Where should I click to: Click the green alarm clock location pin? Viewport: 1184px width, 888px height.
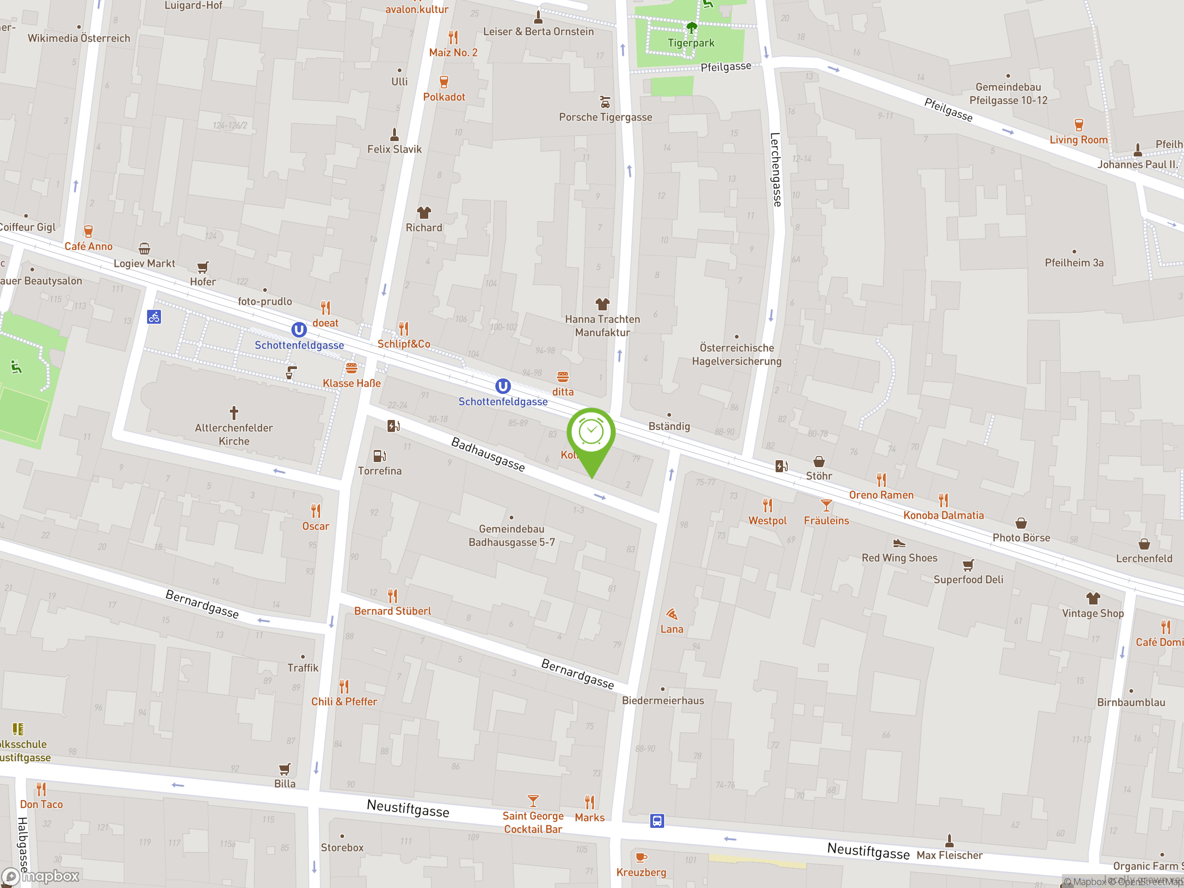(x=591, y=433)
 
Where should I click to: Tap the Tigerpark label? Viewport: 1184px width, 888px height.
(x=691, y=43)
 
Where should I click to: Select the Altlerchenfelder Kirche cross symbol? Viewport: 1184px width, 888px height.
(x=234, y=413)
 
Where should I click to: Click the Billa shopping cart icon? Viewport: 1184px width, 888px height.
(x=285, y=769)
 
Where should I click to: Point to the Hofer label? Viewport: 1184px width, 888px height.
(x=203, y=282)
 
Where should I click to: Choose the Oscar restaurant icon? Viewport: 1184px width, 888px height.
(x=316, y=511)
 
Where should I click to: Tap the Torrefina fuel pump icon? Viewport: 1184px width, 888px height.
(x=380, y=456)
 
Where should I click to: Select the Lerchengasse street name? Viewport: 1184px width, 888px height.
(x=776, y=169)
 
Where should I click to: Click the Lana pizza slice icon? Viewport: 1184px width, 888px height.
(x=672, y=614)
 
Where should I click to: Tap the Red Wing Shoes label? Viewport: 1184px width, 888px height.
(x=899, y=558)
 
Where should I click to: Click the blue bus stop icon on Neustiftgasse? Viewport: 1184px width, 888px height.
(x=657, y=820)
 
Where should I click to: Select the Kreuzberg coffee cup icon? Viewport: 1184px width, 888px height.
(x=641, y=857)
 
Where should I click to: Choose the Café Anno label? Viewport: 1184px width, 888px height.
(x=89, y=246)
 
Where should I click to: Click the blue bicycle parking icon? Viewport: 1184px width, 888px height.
(x=154, y=317)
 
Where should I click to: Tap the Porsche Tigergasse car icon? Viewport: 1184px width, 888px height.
(x=605, y=102)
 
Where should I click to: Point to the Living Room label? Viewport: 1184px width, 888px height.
(x=1078, y=140)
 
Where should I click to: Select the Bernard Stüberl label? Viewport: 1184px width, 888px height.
(x=392, y=611)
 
